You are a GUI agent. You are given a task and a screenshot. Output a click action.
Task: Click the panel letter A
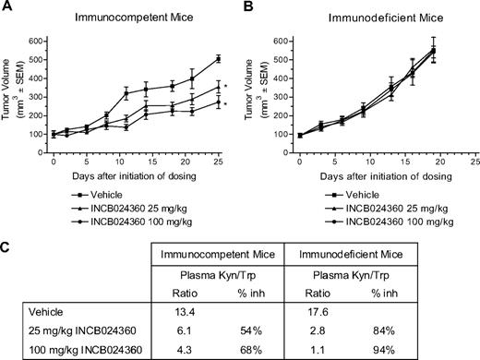click(x=7, y=7)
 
